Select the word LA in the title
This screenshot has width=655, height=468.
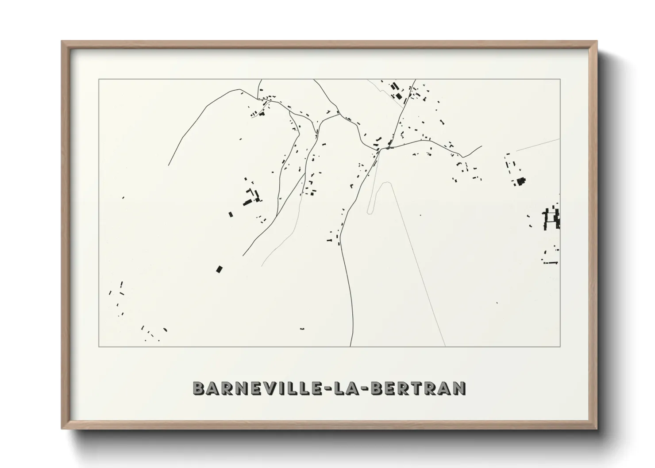(349, 388)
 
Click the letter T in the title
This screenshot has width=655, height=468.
(416, 388)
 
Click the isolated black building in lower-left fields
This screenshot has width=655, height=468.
(219, 269)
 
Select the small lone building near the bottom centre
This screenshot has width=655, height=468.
(302, 329)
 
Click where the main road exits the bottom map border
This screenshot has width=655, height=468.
(351, 346)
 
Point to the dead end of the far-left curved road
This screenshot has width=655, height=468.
(169, 165)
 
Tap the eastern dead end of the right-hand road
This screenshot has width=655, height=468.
(482, 146)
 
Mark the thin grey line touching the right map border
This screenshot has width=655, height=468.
(538, 145)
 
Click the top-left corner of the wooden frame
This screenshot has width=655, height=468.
(62, 42)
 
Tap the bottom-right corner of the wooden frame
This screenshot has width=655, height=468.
(597, 429)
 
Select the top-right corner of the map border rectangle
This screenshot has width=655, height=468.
(560, 79)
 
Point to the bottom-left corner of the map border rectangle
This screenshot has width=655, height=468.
(99, 346)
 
